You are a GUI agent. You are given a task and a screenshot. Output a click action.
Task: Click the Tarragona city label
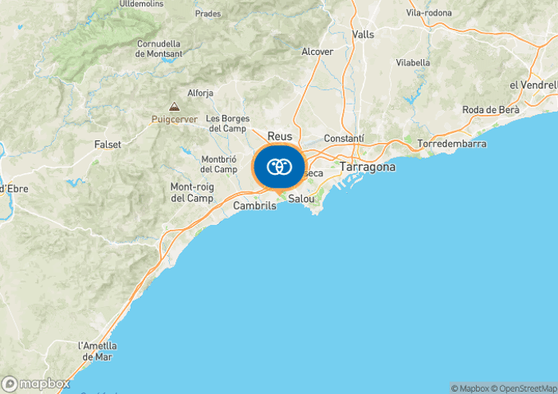(367, 167)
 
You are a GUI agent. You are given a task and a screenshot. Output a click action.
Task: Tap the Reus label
(280, 136)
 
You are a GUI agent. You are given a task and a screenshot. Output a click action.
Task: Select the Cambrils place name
(254, 205)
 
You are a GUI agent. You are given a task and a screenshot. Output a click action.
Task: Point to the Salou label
(301, 198)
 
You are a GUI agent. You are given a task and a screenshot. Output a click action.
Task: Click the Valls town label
(363, 34)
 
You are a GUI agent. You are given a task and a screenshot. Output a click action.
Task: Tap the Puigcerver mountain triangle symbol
(174, 107)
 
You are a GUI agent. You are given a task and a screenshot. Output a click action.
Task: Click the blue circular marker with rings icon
(279, 167)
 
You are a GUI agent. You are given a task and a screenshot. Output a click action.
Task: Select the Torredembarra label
(451, 144)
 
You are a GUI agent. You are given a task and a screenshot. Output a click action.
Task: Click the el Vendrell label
(532, 85)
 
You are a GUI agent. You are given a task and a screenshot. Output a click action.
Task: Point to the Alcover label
(317, 51)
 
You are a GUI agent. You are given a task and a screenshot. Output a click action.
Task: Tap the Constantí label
(344, 138)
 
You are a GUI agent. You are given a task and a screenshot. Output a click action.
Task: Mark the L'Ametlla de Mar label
(97, 351)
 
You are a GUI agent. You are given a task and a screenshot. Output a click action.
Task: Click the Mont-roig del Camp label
(192, 192)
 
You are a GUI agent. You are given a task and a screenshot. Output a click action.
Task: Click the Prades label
(208, 14)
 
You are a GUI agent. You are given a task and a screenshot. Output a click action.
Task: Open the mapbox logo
(36, 384)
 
